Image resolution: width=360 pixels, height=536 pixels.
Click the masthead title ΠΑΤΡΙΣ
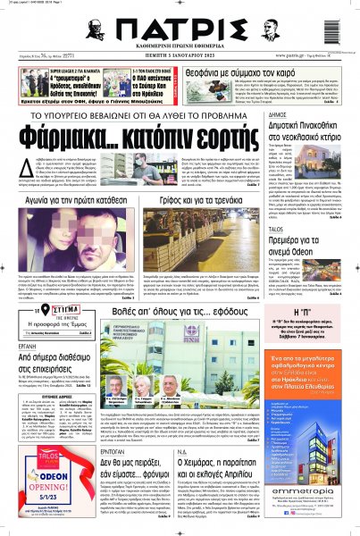[178, 23]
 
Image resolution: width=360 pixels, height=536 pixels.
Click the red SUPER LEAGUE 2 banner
[63, 68]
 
